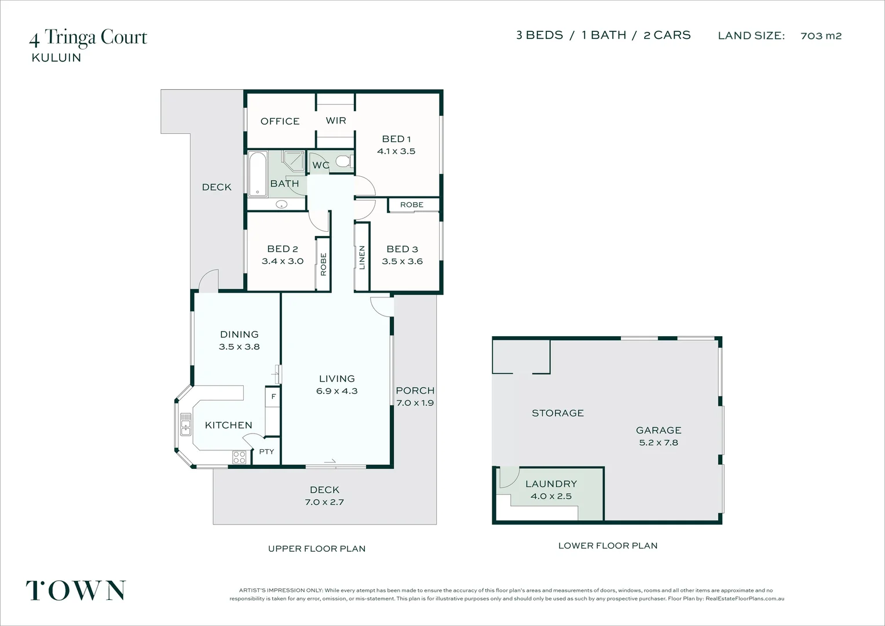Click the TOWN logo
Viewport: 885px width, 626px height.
point(76,591)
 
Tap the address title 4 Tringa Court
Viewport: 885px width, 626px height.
point(88,38)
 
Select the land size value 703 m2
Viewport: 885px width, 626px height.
point(821,36)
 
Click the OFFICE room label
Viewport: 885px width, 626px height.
point(280,121)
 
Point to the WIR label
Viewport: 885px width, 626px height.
point(336,121)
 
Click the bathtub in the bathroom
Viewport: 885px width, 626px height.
point(257,173)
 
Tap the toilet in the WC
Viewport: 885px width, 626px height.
point(344,161)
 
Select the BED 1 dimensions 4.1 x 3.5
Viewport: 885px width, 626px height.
point(396,151)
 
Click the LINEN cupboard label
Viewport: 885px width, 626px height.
point(362,257)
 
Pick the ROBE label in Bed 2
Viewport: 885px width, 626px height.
point(323,264)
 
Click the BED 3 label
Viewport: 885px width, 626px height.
point(402,249)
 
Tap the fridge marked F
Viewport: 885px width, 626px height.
point(273,397)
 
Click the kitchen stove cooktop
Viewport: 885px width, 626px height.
point(239,457)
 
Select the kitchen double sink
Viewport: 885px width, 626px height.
point(185,424)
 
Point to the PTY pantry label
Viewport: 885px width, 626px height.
point(266,452)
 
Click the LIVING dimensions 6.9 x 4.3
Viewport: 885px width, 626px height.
point(337,391)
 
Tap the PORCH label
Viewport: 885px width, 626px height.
point(415,391)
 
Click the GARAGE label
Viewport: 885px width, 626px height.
point(659,430)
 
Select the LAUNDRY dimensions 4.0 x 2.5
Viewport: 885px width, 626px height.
point(551,496)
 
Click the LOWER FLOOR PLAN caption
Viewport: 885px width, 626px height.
point(608,545)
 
